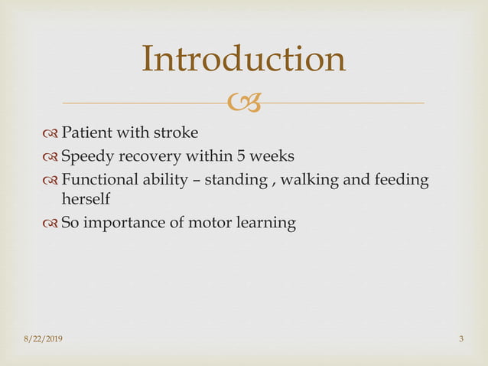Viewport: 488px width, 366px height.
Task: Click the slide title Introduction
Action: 243,60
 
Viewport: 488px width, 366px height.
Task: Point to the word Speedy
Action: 86,158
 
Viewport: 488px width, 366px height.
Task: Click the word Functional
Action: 96,181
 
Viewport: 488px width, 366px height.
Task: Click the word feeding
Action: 379,181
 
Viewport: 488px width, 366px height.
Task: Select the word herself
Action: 85,199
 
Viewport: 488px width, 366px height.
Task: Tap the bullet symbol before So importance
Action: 50,224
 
